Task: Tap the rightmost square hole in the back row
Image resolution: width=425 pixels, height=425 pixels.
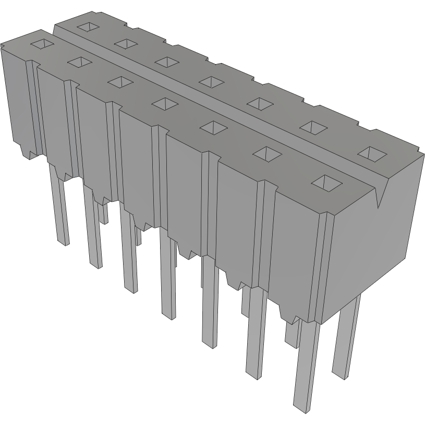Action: [x=372, y=153]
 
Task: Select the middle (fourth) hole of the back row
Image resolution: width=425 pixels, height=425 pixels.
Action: [x=211, y=81]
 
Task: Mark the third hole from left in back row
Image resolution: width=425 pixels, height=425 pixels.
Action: [x=167, y=61]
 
